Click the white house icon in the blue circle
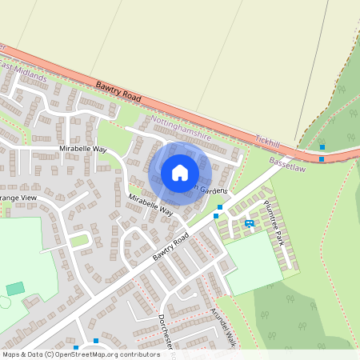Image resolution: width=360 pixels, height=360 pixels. click(180, 173)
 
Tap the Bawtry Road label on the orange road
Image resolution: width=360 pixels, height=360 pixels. click(118, 92)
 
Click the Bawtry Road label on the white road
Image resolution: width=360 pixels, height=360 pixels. click(170, 247)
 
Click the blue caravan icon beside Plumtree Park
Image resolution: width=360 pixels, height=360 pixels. click(249, 223)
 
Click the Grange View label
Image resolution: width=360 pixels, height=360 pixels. click(18, 197)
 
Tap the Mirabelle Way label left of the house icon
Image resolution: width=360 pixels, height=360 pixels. click(83, 149)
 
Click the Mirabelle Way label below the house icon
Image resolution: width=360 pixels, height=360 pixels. click(150, 205)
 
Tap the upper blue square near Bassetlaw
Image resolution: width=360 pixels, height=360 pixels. click(322, 147)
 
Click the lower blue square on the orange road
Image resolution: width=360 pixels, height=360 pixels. click(322, 158)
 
